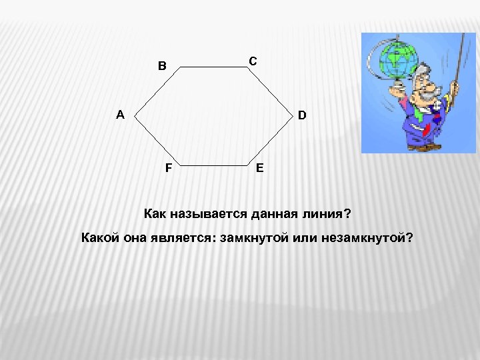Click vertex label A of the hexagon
120,115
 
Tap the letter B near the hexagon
162,66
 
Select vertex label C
253,61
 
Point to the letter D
302,115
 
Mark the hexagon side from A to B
157,91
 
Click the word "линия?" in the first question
325,215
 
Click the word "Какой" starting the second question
99,238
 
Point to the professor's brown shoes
420,147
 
